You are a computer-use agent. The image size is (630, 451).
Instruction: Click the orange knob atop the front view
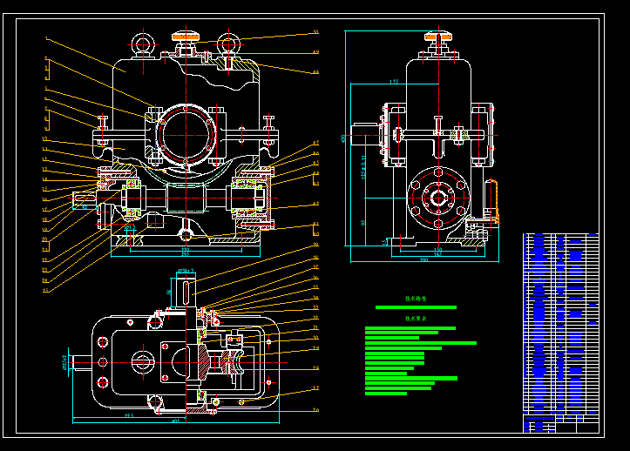click(x=186, y=36)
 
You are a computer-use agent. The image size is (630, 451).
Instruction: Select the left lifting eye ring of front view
click(x=142, y=43)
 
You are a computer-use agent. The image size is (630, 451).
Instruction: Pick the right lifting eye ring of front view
click(x=227, y=42)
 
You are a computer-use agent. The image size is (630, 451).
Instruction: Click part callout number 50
click(x=315, y=32)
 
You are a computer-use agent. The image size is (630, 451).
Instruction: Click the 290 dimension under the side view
click(x=423, y=259)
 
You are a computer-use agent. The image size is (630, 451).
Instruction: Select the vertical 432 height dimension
click(x=344, y=138)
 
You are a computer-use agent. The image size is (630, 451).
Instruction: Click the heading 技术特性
click(x=417, y=299)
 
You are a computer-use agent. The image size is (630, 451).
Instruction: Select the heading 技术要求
click(x=417, y=320)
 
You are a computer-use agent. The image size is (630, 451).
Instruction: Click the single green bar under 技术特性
click(x=416, y=307)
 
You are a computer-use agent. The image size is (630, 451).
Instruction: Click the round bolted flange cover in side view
click(x=436, y=197)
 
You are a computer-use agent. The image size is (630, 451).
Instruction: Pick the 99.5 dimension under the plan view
click(x=129, y=415)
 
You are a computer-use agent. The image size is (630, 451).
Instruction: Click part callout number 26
click(x=315, y=410)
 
